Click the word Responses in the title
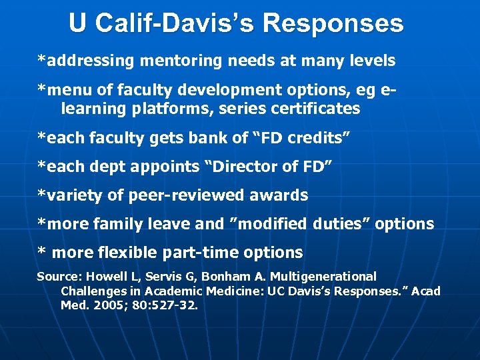point(333,23)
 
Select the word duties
point(341,225)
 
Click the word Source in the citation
point(57,277)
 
